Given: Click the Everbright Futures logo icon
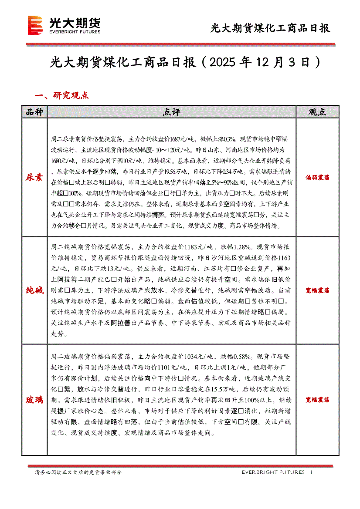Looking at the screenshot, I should [x=35, y=25].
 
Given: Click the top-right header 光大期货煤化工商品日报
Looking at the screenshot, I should [x=270, y=29].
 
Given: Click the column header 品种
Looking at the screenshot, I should [x=34, y=112].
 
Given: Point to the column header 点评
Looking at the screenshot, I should [x=171, y=112].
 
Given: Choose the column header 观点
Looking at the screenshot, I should [x=317, y=112].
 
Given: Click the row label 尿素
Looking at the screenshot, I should [x=34, y=177].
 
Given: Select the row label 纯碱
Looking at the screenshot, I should [x=34, y=290].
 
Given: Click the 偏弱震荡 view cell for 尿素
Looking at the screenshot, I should [x=317, y=177].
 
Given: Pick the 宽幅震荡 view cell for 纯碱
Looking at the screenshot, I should [x=317, y=290].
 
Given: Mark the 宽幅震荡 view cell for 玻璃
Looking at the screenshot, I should [x=317, y=399].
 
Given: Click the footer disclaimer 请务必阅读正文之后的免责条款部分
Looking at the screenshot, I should [x=78, y=472].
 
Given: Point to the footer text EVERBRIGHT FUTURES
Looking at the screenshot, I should [x=273, y=472].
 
